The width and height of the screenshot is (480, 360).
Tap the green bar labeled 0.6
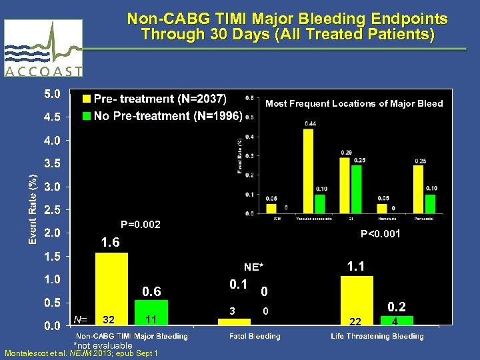point(151,312)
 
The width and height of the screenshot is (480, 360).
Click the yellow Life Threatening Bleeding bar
point(357,300)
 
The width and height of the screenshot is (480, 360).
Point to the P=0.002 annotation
point(140,225)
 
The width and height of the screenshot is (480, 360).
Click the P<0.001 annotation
point(381,233)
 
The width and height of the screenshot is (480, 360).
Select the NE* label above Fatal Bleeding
point(253,267)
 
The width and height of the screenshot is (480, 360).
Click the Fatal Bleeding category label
point(255,336)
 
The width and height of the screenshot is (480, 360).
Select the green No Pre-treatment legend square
point(87,116)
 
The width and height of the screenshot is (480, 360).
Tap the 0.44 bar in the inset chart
point(308,171)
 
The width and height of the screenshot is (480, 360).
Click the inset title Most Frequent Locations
point(354,103)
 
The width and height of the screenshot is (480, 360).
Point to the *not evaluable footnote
point(103,345)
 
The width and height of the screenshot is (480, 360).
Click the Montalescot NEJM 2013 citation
point(81,353)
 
